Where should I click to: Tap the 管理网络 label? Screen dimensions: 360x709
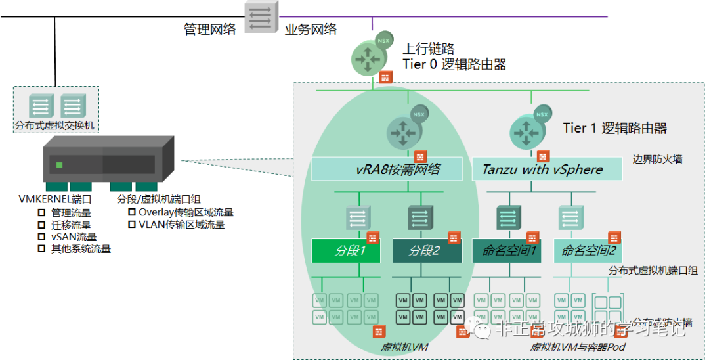pos(209,30)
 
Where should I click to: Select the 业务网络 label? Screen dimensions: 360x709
pos(311,30)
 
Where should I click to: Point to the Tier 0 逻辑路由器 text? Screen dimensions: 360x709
pos(454,64)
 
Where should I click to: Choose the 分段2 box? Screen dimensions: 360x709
pos(424,250)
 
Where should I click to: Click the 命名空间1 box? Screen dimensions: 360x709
pos(506,250)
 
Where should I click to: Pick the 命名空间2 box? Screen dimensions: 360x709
pos(588,250)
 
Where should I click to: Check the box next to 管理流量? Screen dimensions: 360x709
pos(41,213)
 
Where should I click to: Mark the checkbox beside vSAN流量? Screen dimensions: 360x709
pos(41,236)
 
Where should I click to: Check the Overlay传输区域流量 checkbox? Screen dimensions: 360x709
pos(132,212)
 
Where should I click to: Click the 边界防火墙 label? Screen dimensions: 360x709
pos(657,158)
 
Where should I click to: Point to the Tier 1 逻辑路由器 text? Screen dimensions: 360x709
pos(614,128)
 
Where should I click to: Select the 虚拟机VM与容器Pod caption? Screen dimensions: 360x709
pos(578,348)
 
